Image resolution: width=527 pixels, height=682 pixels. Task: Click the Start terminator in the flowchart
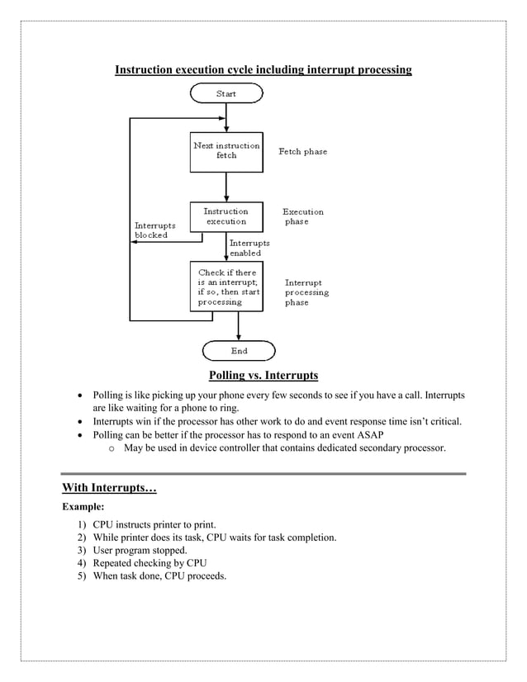[x=226, y=94]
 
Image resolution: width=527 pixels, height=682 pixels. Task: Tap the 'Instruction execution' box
[x=226, y=216]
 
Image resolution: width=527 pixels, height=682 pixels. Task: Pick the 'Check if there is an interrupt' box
[x=226, y=287]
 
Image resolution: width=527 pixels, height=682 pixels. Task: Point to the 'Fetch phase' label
[x=302, y=152]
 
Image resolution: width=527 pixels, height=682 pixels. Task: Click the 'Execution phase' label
[x=303, y=216]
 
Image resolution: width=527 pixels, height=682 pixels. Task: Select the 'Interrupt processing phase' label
[x=306, y=292]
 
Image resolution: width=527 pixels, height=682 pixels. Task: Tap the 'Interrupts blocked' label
[x=151, y=230]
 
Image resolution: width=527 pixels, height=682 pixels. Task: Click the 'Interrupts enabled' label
[x=249, y=249]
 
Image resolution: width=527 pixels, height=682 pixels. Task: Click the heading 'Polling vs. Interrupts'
[x=263, y=376]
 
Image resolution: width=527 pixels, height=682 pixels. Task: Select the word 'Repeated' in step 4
[x=112, y=563]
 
